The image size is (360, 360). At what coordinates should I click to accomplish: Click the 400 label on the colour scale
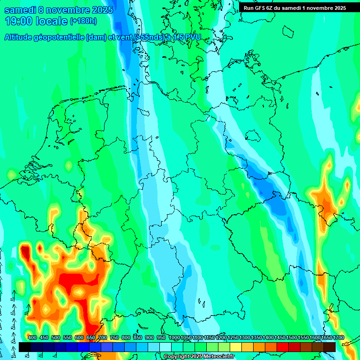(32, 337)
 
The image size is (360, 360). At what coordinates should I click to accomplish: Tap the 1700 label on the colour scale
(327, 337)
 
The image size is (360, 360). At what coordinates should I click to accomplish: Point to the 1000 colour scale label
(174, 337)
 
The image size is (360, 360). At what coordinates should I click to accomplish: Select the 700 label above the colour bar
(102, 337)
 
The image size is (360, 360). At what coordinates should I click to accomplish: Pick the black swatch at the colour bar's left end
(25, 347)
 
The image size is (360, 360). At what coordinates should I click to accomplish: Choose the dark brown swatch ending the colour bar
(330, 347)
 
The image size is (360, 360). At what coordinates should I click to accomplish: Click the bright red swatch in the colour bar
(283, 347)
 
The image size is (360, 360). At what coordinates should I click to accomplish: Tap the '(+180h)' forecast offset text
(83, 21)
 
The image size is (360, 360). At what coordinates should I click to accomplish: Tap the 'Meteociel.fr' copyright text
(217, 357)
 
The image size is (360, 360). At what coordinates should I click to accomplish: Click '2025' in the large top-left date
(101, 10)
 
